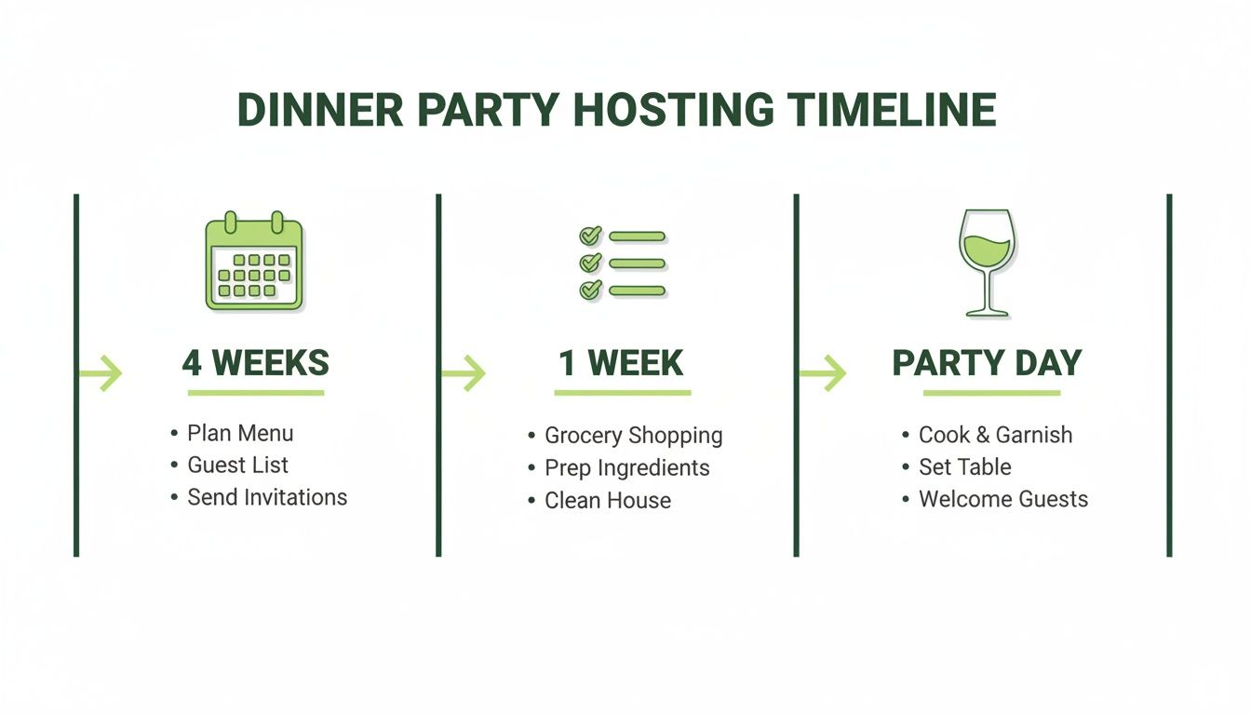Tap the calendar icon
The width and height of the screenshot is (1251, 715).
pos(253,263)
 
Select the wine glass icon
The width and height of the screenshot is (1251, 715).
pos(987,263)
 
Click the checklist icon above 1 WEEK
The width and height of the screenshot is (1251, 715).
pos(622,263)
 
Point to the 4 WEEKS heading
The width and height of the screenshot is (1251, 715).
pos(255,363)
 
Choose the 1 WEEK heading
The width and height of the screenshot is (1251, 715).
pos(621,363)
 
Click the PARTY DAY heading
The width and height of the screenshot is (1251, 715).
pos(987,363)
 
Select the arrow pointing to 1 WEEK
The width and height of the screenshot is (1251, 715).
pos(463,374)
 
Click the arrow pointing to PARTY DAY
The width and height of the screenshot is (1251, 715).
pos(823,374)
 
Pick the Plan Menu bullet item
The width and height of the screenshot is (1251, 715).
pos(240,433)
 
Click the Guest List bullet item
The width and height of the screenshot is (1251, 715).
pos(238,465)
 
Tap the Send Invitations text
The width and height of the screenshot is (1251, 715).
pos(267,497)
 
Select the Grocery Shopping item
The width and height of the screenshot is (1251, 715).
pos(633,435)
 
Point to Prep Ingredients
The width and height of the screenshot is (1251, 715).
pos(626,467)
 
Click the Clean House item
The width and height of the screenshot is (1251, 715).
pos(608,500)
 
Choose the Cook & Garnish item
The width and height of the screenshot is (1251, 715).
pos(995,435)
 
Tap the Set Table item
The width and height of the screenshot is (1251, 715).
pos(964,466)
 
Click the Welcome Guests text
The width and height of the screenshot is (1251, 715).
pos(1002,499)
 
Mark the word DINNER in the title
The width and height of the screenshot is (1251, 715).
pos(320,110)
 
